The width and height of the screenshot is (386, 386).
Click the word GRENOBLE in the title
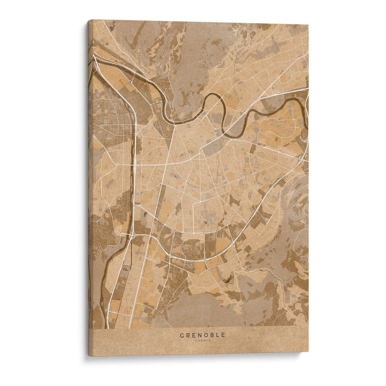pyautogui.click(x=202, y=335)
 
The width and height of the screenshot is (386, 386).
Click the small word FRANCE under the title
pyautogui.click(x=203, y=341)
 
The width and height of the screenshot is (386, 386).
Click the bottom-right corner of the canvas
pyautogui.click(x=308, y=351)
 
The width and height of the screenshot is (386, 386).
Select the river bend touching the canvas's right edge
pyautogui.click(x=306, y=103)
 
